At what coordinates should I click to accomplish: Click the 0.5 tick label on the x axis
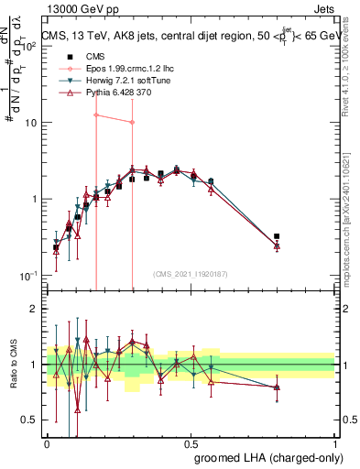click(191, 442)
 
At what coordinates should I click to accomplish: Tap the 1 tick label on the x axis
click(335, 442)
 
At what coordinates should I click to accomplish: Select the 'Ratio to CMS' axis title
click(14, 365)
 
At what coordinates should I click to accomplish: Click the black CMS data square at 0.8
click(277, 236)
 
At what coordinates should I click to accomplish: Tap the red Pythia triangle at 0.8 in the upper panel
click(277, 245)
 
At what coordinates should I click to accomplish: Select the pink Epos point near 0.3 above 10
click(132, 122)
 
